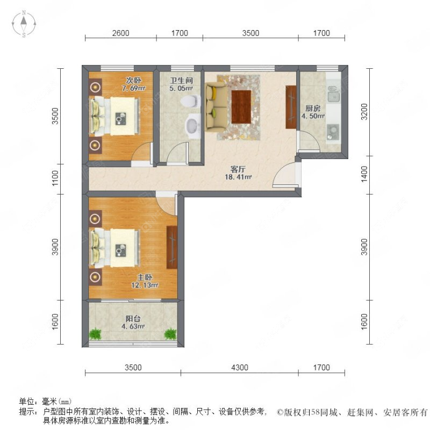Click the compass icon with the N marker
pyautogui.click(x=24, y=24)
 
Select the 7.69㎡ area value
pyautogui.click(x=133, y=88)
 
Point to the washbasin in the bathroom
pyautogui.click(x=191, y=127)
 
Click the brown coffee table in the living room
pyautogui.click(x=241, y=106)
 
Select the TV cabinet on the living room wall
pyautogui.click(x=291, y=107)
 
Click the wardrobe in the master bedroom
pyautogui.click(x=171, y=247)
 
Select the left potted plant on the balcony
pyautogui.click(x=96, y=333)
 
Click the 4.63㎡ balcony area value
pyautogui.click(x=133, y=326)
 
